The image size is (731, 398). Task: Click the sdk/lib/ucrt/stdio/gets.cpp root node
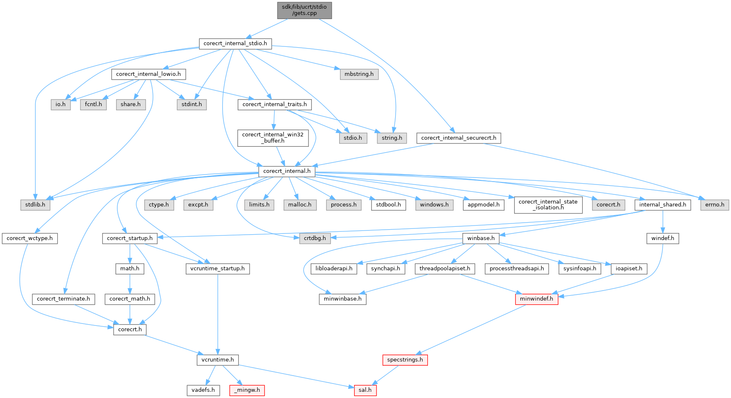click(304, 10)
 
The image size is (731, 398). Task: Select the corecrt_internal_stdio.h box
click(235, 44)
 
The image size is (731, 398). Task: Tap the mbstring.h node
click(359, 74)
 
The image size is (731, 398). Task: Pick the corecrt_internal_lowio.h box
click(148, 74)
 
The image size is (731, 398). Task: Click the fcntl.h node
click(93, 104)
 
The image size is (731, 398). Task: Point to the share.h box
click(131, 104)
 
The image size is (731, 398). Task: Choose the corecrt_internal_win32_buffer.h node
click(273, 138)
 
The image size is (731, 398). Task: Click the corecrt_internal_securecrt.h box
click(459, 138)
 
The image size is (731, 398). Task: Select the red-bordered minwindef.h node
click(537, 299)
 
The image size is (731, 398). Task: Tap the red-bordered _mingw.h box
click(247, 390)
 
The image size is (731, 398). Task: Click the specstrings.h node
click(405, 360)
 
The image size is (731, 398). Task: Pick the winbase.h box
click(481, 238)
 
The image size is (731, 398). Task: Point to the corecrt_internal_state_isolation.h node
click(548, 204)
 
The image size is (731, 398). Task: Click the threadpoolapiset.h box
click(444, 269)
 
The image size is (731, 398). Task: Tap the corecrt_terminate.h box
click(63, 299)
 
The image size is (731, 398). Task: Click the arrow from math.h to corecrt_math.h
click(130, 284)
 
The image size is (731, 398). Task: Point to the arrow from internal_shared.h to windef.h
click(663, 222)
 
